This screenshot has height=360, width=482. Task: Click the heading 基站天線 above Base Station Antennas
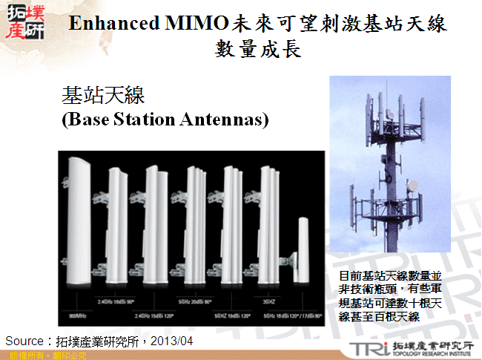pyautogui.click(x=102, y=95)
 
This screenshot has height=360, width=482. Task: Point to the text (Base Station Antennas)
pyautogui.click(x=165, y=120)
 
